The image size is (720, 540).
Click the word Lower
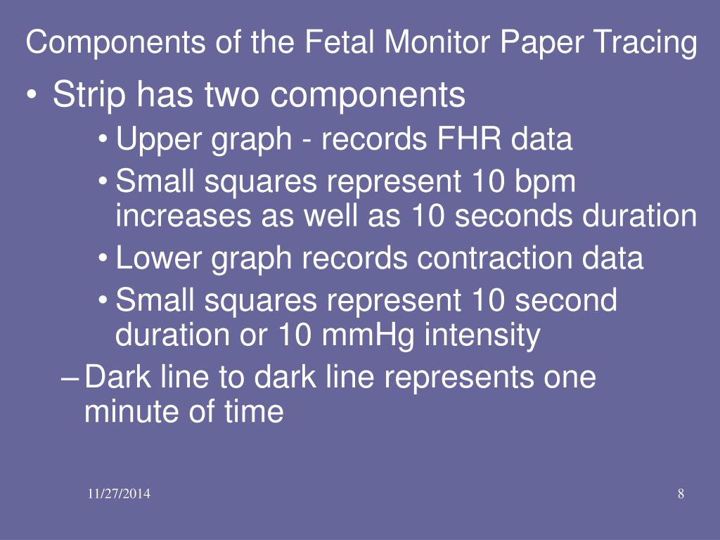pos(159,257)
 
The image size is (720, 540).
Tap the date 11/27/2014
pos(119,494)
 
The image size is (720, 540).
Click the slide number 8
pos(681,494)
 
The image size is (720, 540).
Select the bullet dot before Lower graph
pos(103,260)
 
